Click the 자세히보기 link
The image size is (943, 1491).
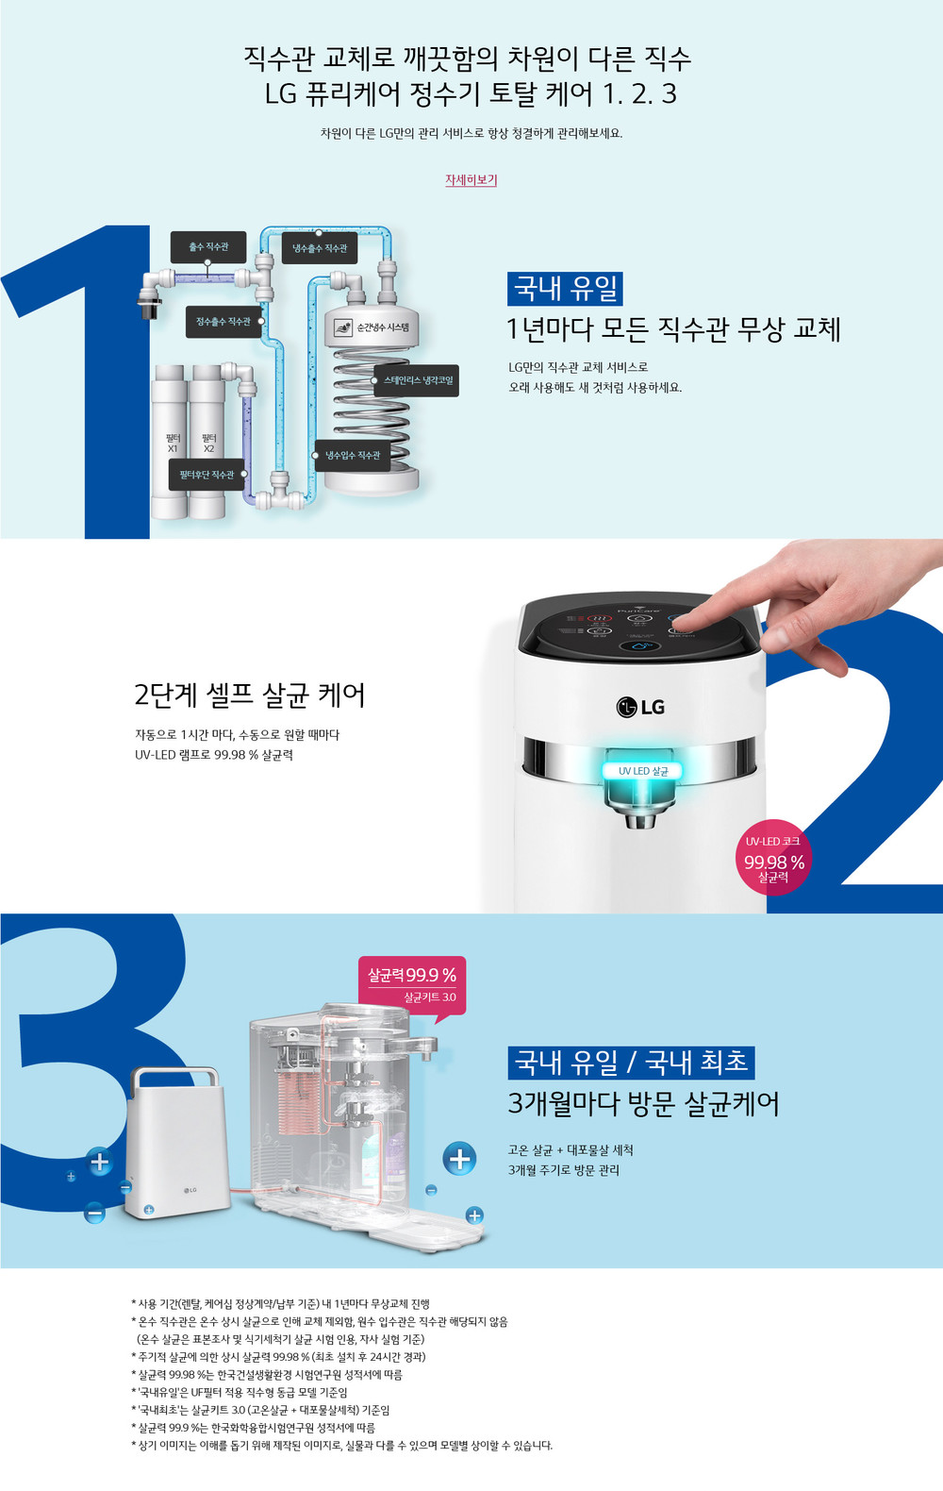471,179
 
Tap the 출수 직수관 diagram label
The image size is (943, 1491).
208,247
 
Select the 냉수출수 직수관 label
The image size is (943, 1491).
320,248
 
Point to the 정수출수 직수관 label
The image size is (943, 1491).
223,322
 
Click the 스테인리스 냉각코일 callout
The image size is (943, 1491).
416,380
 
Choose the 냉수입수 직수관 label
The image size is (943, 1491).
352,455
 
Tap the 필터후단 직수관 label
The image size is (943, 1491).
207,475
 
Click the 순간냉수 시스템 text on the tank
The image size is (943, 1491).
383,327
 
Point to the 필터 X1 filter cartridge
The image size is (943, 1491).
170,442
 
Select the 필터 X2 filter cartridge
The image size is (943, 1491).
207,442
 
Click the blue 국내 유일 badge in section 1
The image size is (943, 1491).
565,289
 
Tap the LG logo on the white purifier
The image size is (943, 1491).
640,707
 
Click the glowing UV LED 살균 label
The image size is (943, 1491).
642,771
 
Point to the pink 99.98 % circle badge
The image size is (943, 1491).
773,857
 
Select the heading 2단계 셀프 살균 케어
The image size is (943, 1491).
249,695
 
